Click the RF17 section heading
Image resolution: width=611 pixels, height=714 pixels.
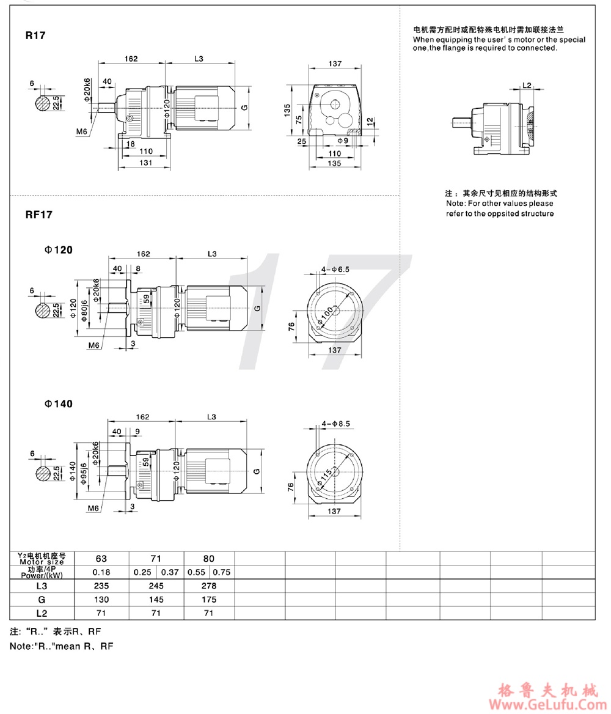click(x=38, y=215)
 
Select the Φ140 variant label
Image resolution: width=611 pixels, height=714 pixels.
click(x=57, y=404)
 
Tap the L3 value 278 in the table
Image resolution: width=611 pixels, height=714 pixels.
click(x=208, y=586)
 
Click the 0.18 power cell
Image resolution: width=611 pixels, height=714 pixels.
click(x=101, y=572)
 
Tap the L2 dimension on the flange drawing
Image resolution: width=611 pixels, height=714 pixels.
click(x=528, y=86)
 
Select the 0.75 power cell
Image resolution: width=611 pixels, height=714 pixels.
click(x=221, y=572)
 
